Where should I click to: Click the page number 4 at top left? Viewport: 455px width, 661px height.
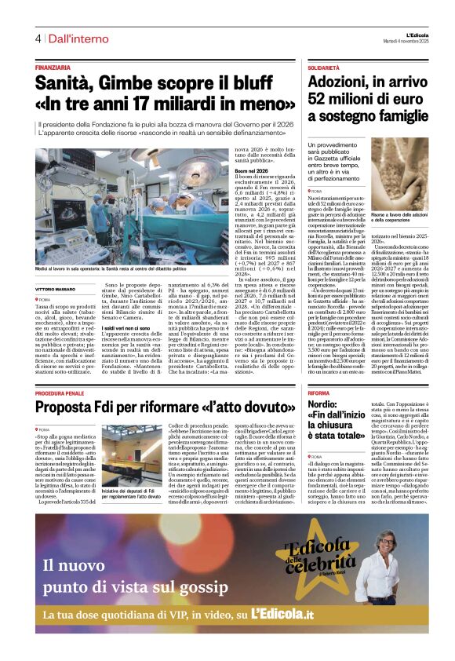38,38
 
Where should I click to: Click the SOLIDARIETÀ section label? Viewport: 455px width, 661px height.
324,68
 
